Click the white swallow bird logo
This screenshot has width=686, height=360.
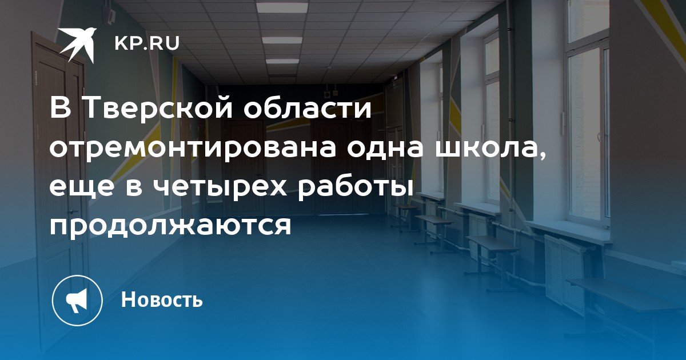pos(77,45)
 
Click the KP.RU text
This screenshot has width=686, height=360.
pos(147,43)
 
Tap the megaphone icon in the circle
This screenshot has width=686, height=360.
pos(77,300)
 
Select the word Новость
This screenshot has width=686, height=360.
pos(162,299)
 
